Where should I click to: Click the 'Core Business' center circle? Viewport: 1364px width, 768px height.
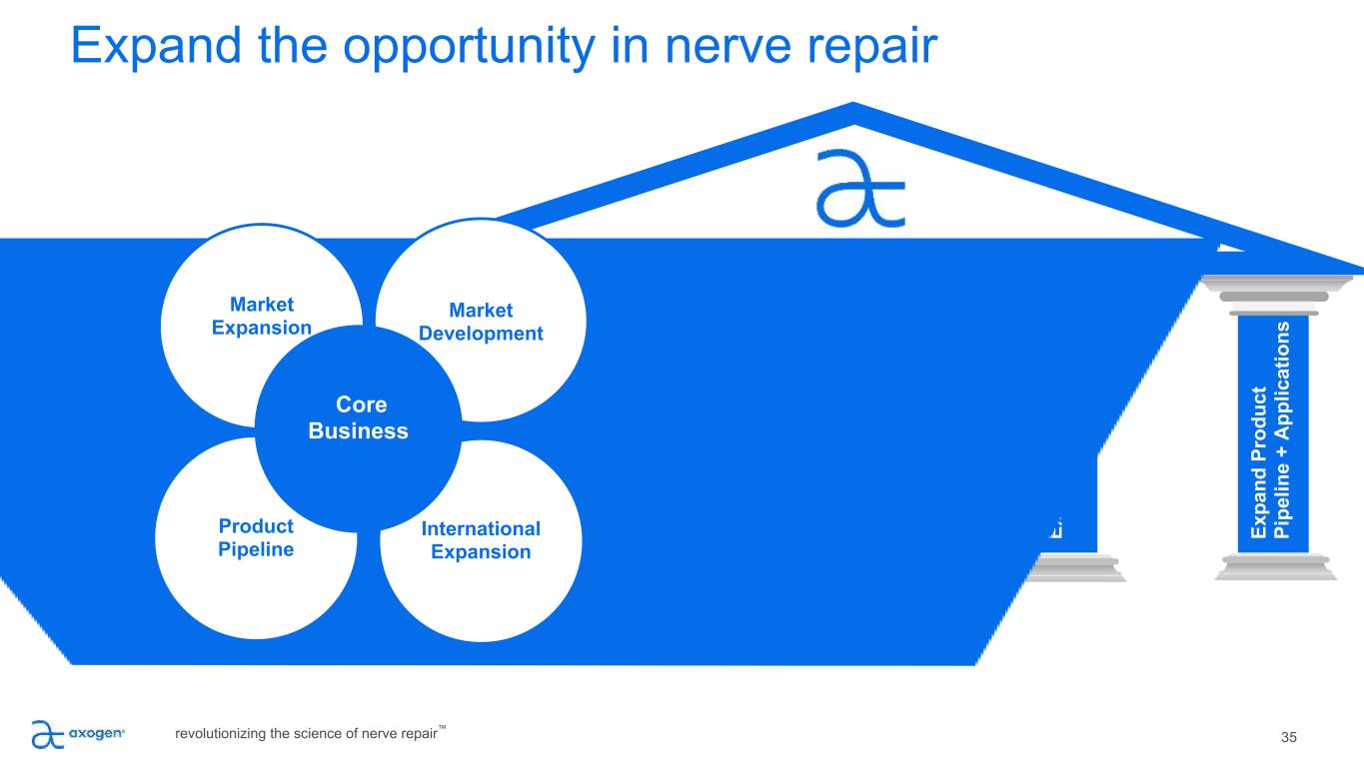(359, 418)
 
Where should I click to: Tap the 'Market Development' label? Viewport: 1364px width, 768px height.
(481, 322)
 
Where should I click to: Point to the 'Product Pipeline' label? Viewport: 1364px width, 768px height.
(256, 537)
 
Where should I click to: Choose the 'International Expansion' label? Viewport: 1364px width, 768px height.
(481, 539)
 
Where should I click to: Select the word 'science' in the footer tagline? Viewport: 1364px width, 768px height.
(328, 735)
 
